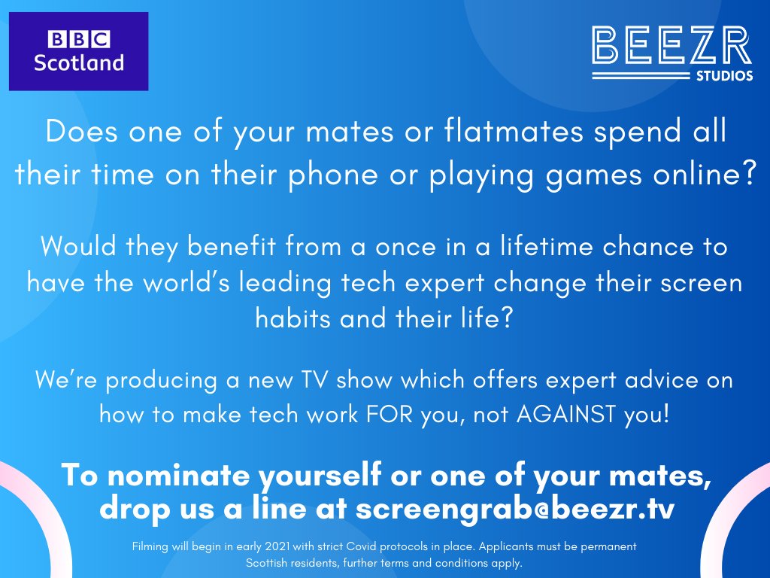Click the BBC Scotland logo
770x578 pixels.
[x=78, y=51]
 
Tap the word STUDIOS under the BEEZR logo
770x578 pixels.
[x=724, y=76]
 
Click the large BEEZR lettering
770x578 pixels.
[x=671, y=47]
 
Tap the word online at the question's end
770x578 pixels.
[x=703, y=174]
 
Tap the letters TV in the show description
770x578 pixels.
[x=311, y=379]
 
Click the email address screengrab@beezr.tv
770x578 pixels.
[x=514, y=508]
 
